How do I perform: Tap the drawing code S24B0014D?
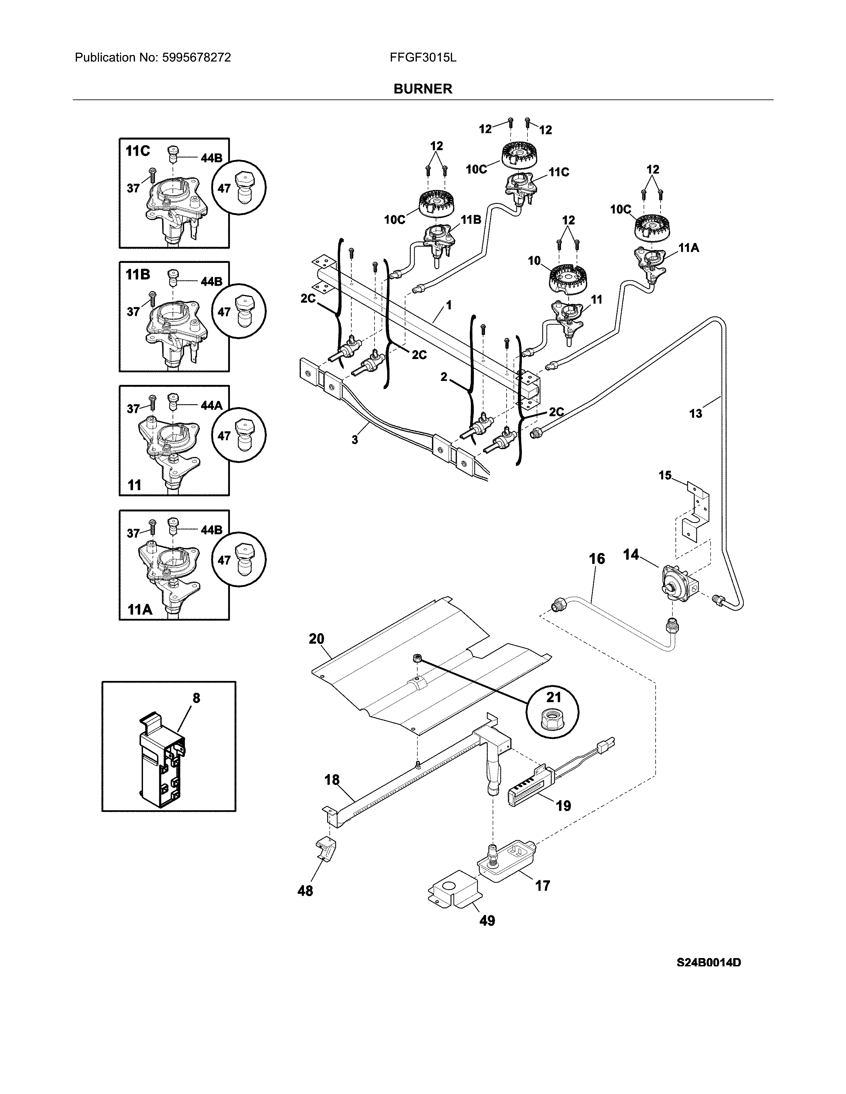click(708, 976)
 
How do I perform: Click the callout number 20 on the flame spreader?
click(316, 639)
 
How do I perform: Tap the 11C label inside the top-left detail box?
click(137, 151)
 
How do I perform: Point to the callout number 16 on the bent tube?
click(597, 559)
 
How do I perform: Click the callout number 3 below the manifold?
click(354, 440)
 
